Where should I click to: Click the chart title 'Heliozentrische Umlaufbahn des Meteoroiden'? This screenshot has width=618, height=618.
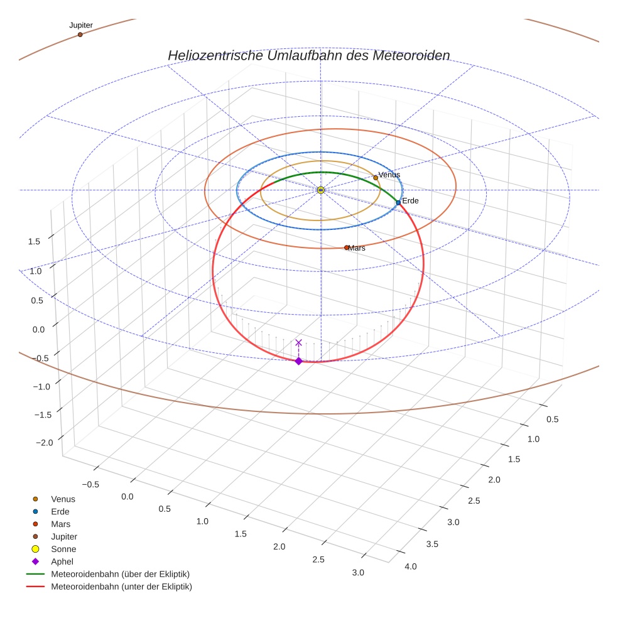pyautogui.click(x=308, y=55)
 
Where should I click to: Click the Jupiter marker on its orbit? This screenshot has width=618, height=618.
pyautogui.click(x=80, y=35)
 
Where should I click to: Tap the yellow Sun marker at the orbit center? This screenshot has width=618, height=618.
pyautogui.click(x=320, y=190)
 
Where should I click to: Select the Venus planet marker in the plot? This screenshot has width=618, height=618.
pyautogui.click(x=376, y=178)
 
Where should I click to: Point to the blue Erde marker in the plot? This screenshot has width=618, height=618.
pyautogui.click(x=398, y=202)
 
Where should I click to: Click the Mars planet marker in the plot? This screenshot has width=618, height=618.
pyautogui.click(x=346, y=247)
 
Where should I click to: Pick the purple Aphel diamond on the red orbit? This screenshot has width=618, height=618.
pyautogui.click(x=298, y=360)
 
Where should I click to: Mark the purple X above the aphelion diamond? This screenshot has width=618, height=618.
pyautogui.click(x=298, y=343)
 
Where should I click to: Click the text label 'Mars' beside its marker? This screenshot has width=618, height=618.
pyautogui.click(x=357, y=248)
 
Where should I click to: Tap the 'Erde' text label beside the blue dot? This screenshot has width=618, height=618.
pyautogui.click(x=410, y=200)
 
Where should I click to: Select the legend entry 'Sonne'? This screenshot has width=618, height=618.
pyautogui.click(x=63, y=549)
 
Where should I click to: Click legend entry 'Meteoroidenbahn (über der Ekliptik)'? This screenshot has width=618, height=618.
pyautogui.click(x=120, y=574)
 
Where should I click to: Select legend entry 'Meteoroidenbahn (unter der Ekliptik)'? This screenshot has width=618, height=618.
pyautogui.click(x=121, y=587)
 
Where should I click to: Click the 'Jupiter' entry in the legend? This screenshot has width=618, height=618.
pyautogui.click(x=64, y=536)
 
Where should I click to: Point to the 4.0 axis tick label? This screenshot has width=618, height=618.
pyautogui.click(x=411, y=566)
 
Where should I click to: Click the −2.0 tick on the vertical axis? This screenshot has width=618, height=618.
pyautogui.click(x=44, y=442)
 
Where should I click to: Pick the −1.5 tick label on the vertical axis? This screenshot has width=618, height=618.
pyautogui.click(x=42, y=415)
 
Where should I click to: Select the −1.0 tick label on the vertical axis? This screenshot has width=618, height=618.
pyautogui.click(x=41, y=386)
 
